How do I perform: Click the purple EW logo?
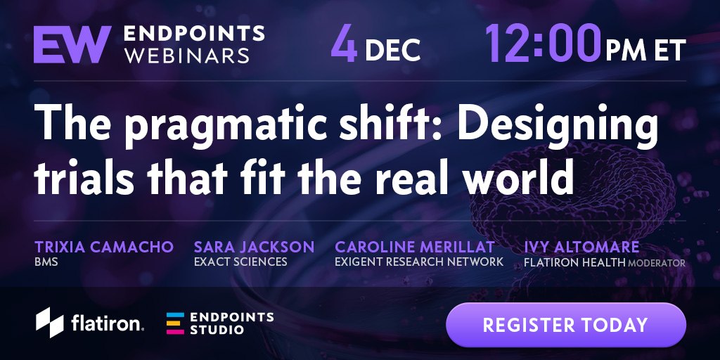(x=72, y=44)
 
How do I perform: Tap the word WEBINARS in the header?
(x=187, y=55)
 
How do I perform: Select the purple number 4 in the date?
(x=344, y=44)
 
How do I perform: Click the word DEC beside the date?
(x=393, y=50)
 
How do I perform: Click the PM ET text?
(x=645, y=50)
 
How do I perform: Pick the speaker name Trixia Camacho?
(x=104, y=247)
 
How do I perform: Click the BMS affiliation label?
(x=46, y=263)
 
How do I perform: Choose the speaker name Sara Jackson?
(x=254, y=247)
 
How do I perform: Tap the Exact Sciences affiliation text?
(x=240, y=262)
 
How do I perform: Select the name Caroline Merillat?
(x=415, y=247)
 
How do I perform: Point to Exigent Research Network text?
(x=419, y=262)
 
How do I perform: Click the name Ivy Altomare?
(x=581, y=247)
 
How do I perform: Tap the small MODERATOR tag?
(x=657, y=264)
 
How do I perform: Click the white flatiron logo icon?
(x=50, y=322)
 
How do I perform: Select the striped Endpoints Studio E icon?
(x=175, y=323)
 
